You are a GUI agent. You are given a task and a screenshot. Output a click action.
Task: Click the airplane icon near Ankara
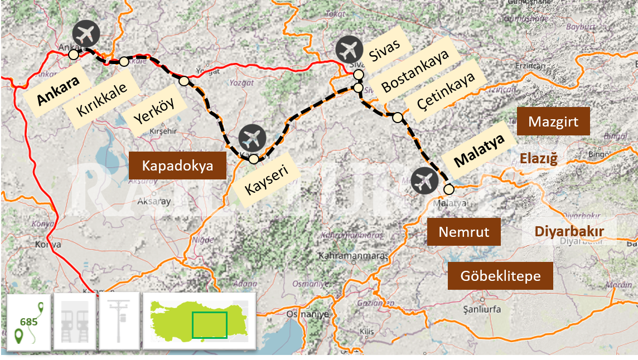click(86, 34)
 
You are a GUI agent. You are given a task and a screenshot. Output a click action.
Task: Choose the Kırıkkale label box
click(103, 99)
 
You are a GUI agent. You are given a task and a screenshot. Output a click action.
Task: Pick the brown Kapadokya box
click(177, 166)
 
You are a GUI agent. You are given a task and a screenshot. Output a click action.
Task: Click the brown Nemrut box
click(464, 232)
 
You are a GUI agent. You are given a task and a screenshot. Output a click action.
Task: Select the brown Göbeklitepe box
click(500, 276)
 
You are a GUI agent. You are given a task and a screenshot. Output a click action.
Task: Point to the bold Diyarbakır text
click(569, 231)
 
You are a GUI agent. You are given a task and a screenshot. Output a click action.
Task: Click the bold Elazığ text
click(538, 159)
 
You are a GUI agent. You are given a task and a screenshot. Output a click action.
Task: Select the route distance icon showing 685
click(28, 322)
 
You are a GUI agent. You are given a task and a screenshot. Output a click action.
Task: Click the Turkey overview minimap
click(199, 322)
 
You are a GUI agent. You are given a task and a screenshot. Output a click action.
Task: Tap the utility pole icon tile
click(119, 322)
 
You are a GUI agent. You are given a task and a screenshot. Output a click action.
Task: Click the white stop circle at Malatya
click(449, 189)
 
